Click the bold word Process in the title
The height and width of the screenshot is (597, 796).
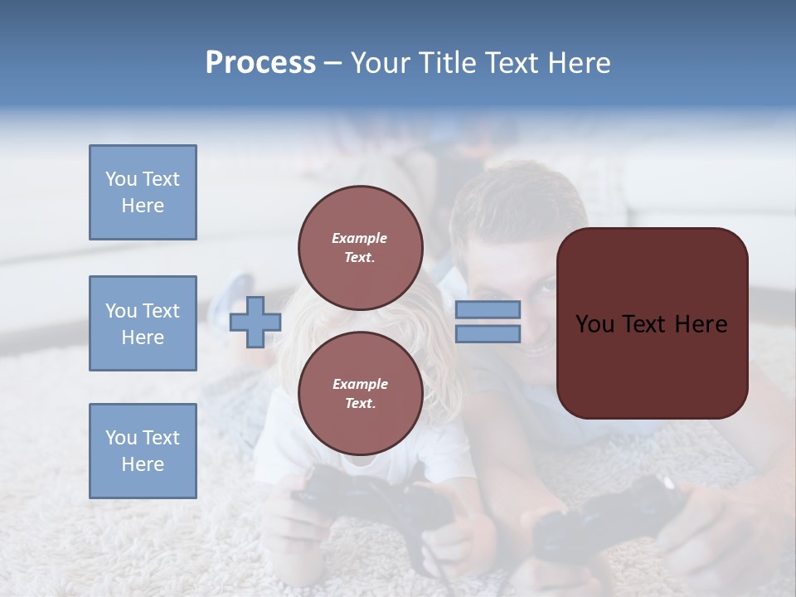point(260,63)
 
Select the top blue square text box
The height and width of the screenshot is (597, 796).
point(143,192)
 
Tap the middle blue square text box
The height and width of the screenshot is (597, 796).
point(143,323)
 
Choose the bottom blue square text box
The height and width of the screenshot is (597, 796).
point(143,451)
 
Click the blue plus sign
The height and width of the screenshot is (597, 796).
point(255,322)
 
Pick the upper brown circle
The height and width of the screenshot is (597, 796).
point(361,247)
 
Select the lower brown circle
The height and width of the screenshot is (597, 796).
point(361,393)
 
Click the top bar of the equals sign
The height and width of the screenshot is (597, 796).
point(488,310)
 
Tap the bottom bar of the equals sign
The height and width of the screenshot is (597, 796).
point(488,333)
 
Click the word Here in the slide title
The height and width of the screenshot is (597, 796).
point(580,63)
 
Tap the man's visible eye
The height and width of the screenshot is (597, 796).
point(549,286)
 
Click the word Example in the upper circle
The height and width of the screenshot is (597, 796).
point(359,238)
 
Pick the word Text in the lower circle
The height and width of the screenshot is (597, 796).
point(359,403)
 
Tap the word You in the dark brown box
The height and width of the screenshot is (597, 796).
point(595,324)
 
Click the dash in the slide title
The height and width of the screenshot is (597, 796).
point(332,63)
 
